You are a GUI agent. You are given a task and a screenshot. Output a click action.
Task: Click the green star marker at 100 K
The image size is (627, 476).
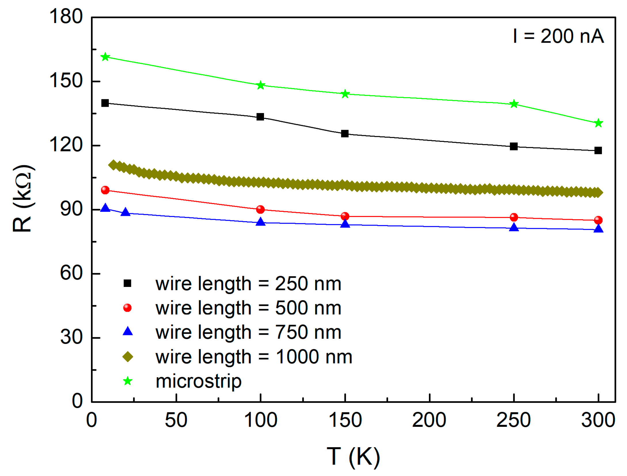pos(260,85)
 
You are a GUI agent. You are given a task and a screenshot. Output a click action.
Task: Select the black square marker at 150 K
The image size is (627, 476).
pos(345,134)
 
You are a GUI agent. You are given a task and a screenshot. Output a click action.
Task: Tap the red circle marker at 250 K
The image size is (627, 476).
pos(514,217)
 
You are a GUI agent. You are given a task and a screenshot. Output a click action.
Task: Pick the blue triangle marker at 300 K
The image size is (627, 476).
pos(598,229)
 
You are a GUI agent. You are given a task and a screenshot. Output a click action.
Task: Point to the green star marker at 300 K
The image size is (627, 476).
pos(598,123)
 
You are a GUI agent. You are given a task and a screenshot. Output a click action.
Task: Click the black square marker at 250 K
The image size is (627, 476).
pos(514,146)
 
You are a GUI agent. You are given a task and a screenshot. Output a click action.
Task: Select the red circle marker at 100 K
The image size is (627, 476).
pos(260,210)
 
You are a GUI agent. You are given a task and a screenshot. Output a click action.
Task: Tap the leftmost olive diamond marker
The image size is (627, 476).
pos(113,165)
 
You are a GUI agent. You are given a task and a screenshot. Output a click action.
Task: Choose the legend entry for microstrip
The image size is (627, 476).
pos(198,381)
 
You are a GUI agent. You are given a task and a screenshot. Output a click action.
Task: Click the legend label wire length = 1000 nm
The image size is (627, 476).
pos(254,357)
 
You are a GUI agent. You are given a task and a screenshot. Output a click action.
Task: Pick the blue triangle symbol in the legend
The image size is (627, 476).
pos(128,332)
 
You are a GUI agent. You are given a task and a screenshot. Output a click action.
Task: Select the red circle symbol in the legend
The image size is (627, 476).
pos(127,308)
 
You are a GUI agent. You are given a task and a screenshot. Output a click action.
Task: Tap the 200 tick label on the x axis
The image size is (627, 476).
pos(429,420)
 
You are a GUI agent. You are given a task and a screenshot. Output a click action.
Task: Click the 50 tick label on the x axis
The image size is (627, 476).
pos(176,420)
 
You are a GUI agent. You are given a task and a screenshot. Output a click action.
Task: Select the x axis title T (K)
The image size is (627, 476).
pos(353,456)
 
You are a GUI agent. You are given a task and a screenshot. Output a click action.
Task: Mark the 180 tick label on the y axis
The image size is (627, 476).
pos(66,16)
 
